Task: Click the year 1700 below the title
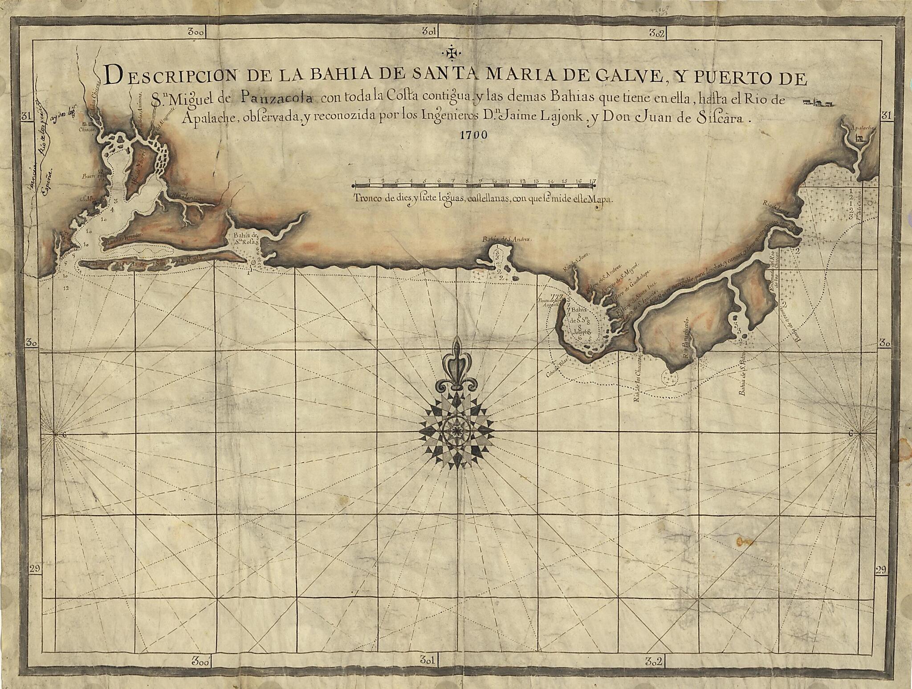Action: click(x=474, y=135)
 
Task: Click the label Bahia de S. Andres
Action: click(x=507, y=240)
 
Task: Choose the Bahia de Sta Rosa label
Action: click(x=242, y=239)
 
